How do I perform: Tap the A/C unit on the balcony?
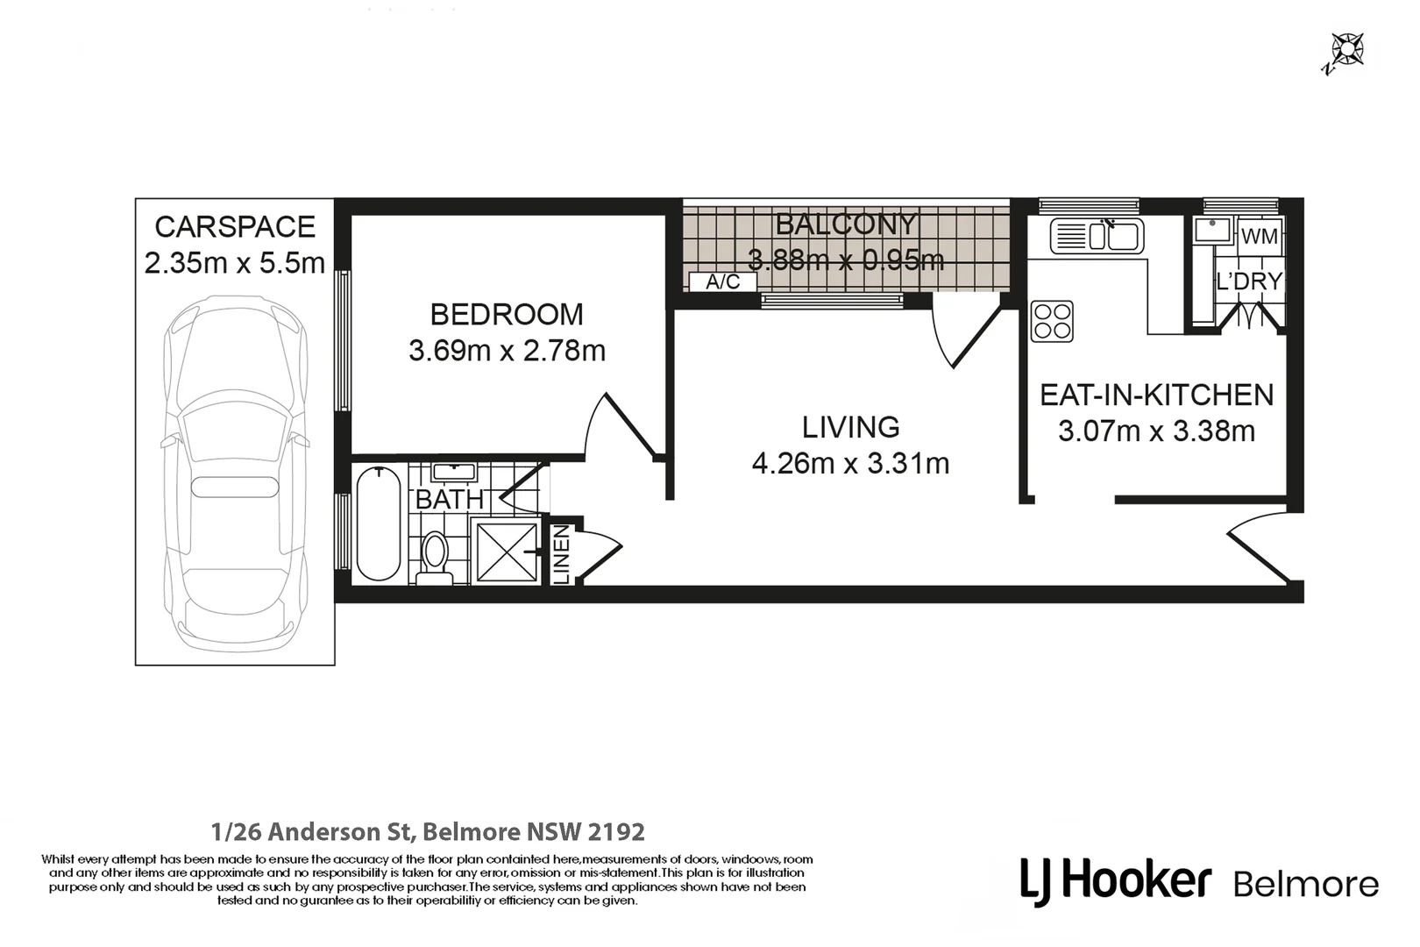pos(722,281)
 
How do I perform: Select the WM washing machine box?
pos(1260,236)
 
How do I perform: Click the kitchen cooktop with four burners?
pos(1052,322)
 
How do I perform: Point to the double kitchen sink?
pos(1097,236)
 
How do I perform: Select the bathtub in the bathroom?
pos(379,523)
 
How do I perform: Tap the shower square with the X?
pos(506,552)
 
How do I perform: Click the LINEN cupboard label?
pos(562,554)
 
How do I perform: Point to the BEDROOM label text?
pos(507,315)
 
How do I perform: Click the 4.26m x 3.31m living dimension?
pos(851,464)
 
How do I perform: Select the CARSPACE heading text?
pos(235,227)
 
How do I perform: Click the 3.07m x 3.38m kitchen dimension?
pos(1157,431)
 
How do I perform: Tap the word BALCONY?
pos(846,224)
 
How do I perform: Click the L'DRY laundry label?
pos(1249,281)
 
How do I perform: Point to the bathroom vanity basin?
pos(454,472)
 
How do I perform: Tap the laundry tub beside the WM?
pos(1213,230)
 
